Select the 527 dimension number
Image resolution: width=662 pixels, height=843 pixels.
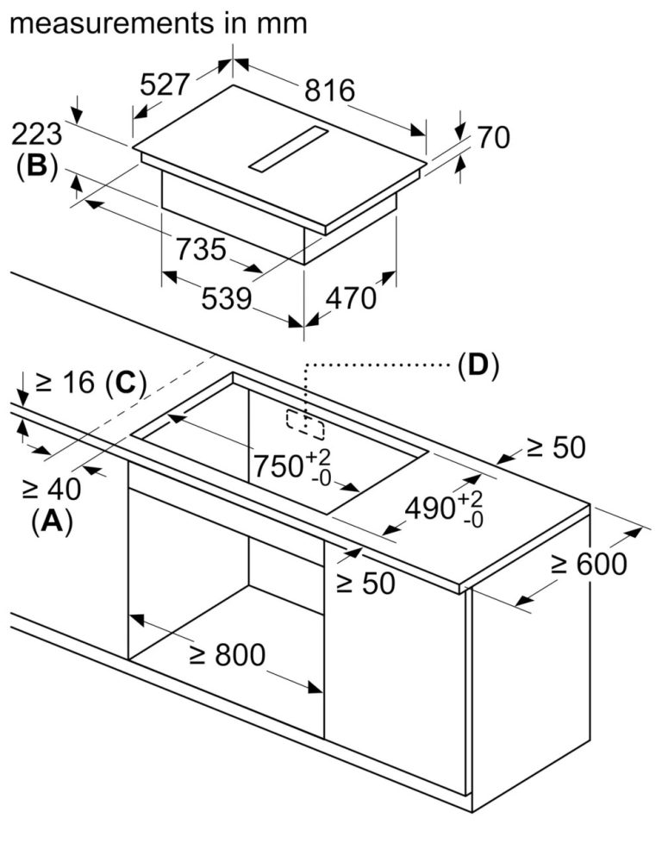click(165, 84)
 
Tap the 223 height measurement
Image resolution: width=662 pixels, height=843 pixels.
click(38, 134)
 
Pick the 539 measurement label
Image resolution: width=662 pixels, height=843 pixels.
click(226, 298)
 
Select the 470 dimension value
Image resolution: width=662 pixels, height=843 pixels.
click(350, 297)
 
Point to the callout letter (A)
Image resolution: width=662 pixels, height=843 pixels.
click(51, 521)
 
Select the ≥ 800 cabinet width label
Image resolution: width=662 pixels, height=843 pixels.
click(226, 655)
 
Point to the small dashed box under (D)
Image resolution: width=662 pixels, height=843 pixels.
click(306, 421)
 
